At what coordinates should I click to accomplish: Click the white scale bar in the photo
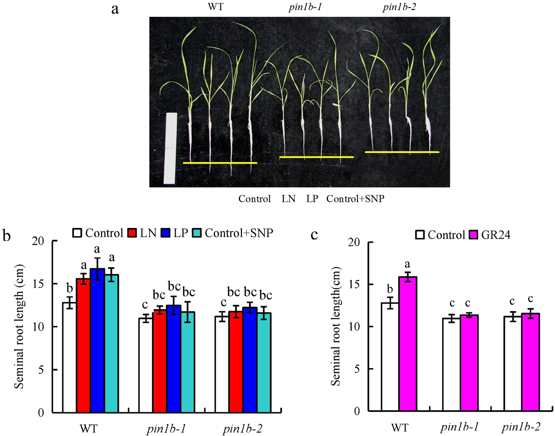coord(171,148)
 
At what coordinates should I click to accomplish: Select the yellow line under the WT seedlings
coord(220,163)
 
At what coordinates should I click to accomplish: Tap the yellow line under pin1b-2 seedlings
coord(402,152)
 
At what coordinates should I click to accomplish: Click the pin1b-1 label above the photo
coord(305,7)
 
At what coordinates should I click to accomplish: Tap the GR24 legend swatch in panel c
coord(474,234)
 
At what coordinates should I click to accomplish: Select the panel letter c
coord(314,234)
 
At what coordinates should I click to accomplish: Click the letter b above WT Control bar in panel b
coord(70,288)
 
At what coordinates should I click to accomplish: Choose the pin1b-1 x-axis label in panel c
coord(459,427)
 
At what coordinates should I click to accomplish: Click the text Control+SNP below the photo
coord(355,199)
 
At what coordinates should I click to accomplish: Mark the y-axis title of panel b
coord(19,326)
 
